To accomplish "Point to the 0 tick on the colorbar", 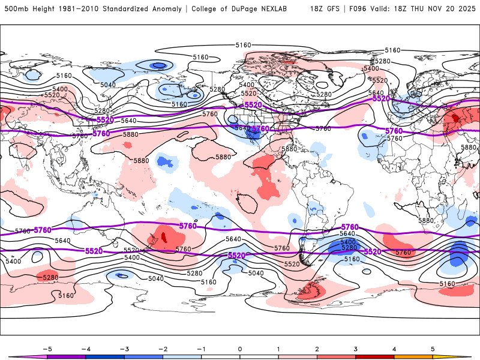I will click(x=240, y=348).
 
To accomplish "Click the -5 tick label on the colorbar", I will click(x=46, y=348).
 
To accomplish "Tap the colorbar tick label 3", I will click(x=356, y=348).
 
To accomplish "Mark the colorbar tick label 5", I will click(x=433, y=348).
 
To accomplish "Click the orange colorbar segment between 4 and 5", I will click(x=413, y=356).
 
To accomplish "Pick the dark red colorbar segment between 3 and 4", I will click(x=375, y=356).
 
